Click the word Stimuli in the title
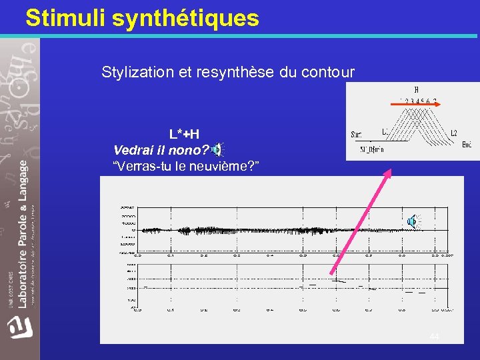[65, 18]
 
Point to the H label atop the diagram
[416, 90]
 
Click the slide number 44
[435, 337]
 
